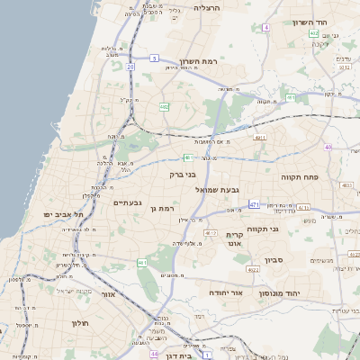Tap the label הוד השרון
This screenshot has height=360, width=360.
click(x=314, y=22)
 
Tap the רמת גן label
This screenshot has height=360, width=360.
click(x=160, y=209)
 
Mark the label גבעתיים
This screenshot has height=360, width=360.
click(x=127, y=203)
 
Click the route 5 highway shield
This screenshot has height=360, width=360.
click(x=154, y=58)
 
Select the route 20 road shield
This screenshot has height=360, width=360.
click(x=130, y=67)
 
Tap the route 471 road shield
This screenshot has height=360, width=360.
click(x=254, y=204)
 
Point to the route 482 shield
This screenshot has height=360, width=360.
click(x=164, y=107)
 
